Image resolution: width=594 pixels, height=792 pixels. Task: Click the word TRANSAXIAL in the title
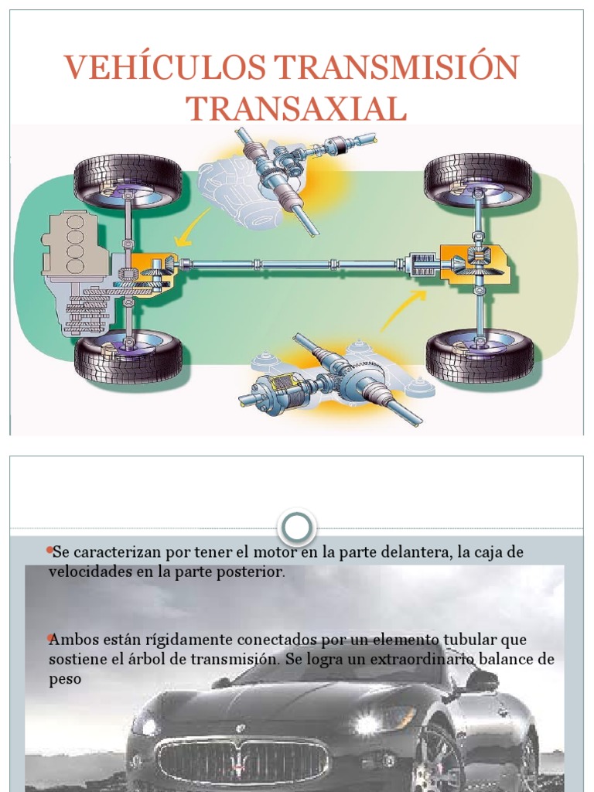coord(296,109)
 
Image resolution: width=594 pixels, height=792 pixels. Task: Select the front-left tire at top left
coord(128,183)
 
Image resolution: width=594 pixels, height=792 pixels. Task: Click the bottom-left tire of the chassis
coord(128,357)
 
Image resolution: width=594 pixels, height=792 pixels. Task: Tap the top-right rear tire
coord(479,179)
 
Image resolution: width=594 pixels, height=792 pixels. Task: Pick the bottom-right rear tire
coord(480,357)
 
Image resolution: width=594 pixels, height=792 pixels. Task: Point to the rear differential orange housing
coord(473,264)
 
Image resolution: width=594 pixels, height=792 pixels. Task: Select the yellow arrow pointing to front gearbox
coord(190,225)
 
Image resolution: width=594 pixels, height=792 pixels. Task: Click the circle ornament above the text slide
coord(297,528)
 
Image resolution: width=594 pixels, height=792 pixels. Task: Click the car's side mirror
coord(482,681)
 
